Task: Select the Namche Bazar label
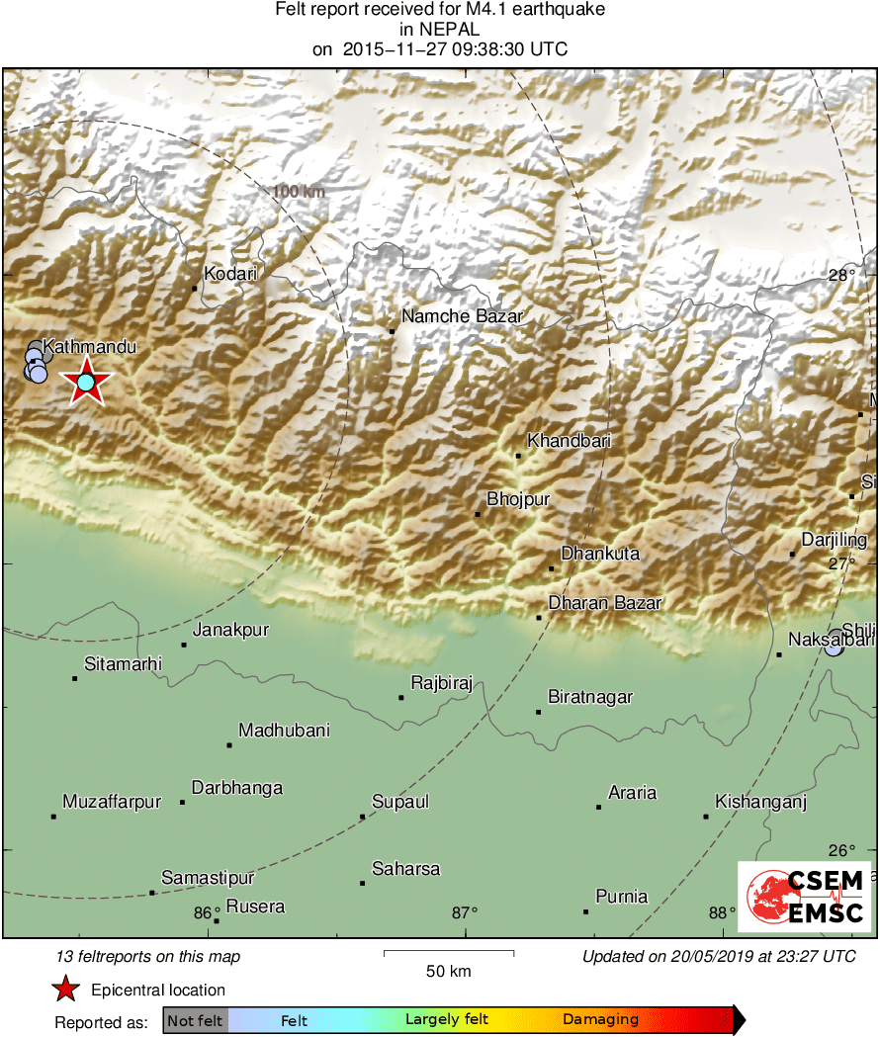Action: click(462, 316)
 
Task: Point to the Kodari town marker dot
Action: click(194, 289)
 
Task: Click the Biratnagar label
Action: click(590, 697)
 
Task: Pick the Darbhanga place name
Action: click(237, 788)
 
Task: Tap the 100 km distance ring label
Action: click(300, 192)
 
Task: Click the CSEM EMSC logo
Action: click(804, 896)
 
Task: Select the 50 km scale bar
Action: click(448, 953)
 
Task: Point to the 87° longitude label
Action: click(465, 912)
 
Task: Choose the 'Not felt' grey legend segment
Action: click(195, 1020)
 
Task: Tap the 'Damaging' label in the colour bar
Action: click(600, 1020)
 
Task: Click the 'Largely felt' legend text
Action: click(448, 1020)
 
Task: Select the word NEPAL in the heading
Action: click(441, 30)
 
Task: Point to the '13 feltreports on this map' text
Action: click(148, 956)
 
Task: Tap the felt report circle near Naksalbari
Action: click(835, 644)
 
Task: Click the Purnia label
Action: click(622, 897)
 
